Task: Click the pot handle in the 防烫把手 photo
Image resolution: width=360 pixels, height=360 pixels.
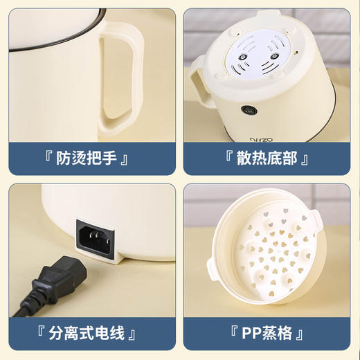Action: pyautogui.click(x=132, y=76)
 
